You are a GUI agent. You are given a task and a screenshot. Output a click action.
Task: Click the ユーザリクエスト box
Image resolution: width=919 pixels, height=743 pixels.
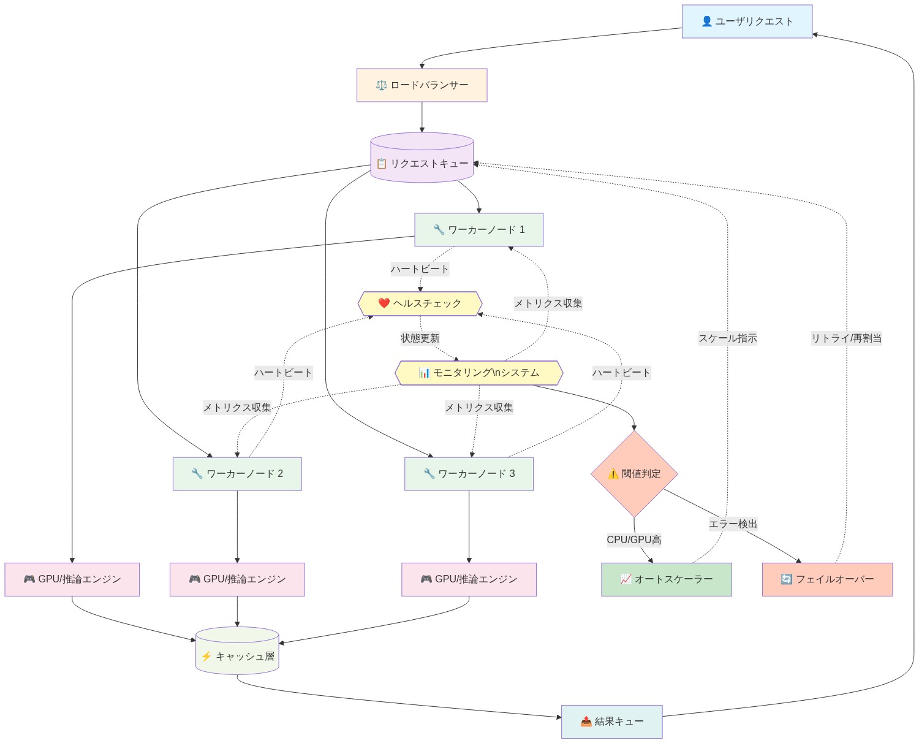[x=747, y=21]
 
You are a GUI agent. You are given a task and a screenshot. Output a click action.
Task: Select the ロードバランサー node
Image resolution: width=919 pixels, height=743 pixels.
[x=422, y=85]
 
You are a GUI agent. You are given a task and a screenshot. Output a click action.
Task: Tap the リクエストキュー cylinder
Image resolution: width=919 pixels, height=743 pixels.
[x=422, y=163]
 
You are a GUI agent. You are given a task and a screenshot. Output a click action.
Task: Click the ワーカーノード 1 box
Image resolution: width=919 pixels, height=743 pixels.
[x=478, y=230]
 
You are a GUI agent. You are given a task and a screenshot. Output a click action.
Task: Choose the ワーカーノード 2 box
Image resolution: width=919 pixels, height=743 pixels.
[x=237, y=474]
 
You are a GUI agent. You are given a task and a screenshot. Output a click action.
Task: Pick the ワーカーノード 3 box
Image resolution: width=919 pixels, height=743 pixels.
[x=469, y=474]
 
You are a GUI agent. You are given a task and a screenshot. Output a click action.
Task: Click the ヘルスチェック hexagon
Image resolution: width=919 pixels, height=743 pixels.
[x=420, y=303]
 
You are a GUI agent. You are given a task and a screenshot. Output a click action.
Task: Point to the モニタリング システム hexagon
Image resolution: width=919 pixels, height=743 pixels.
[x=478, y=373]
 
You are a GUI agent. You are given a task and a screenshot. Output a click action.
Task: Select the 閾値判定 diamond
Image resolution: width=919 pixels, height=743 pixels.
[x=634, y=474]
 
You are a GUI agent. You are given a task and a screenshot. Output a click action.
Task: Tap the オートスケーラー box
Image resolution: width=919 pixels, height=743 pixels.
[x=666, y=579]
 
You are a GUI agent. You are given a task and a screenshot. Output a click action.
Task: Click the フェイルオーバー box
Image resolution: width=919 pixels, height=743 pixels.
[x=827, y=579]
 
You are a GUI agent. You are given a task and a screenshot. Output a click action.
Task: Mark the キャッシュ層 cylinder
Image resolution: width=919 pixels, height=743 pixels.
[x=237, y=656]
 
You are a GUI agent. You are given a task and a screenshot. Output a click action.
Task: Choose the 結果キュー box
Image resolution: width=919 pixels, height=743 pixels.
[x=611, y=722]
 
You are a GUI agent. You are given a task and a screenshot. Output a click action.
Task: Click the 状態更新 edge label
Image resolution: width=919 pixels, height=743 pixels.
[x=420, y=338]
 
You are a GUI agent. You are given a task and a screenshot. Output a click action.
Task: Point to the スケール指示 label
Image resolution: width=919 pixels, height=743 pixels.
[x=727, y=338]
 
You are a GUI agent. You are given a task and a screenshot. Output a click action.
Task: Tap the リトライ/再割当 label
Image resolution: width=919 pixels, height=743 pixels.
[x=846, y=338]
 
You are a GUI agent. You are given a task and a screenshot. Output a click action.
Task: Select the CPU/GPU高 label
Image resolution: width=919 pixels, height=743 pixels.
[x=633, y=540]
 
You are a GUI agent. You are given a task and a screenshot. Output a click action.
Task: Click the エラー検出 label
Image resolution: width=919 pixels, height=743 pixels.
[x=733, y=524]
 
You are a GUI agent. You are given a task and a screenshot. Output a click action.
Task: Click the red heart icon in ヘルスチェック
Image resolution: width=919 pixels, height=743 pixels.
[x=384, y=303]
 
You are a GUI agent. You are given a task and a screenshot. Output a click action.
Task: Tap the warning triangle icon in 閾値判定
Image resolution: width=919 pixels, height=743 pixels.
[x=613, y=474]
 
